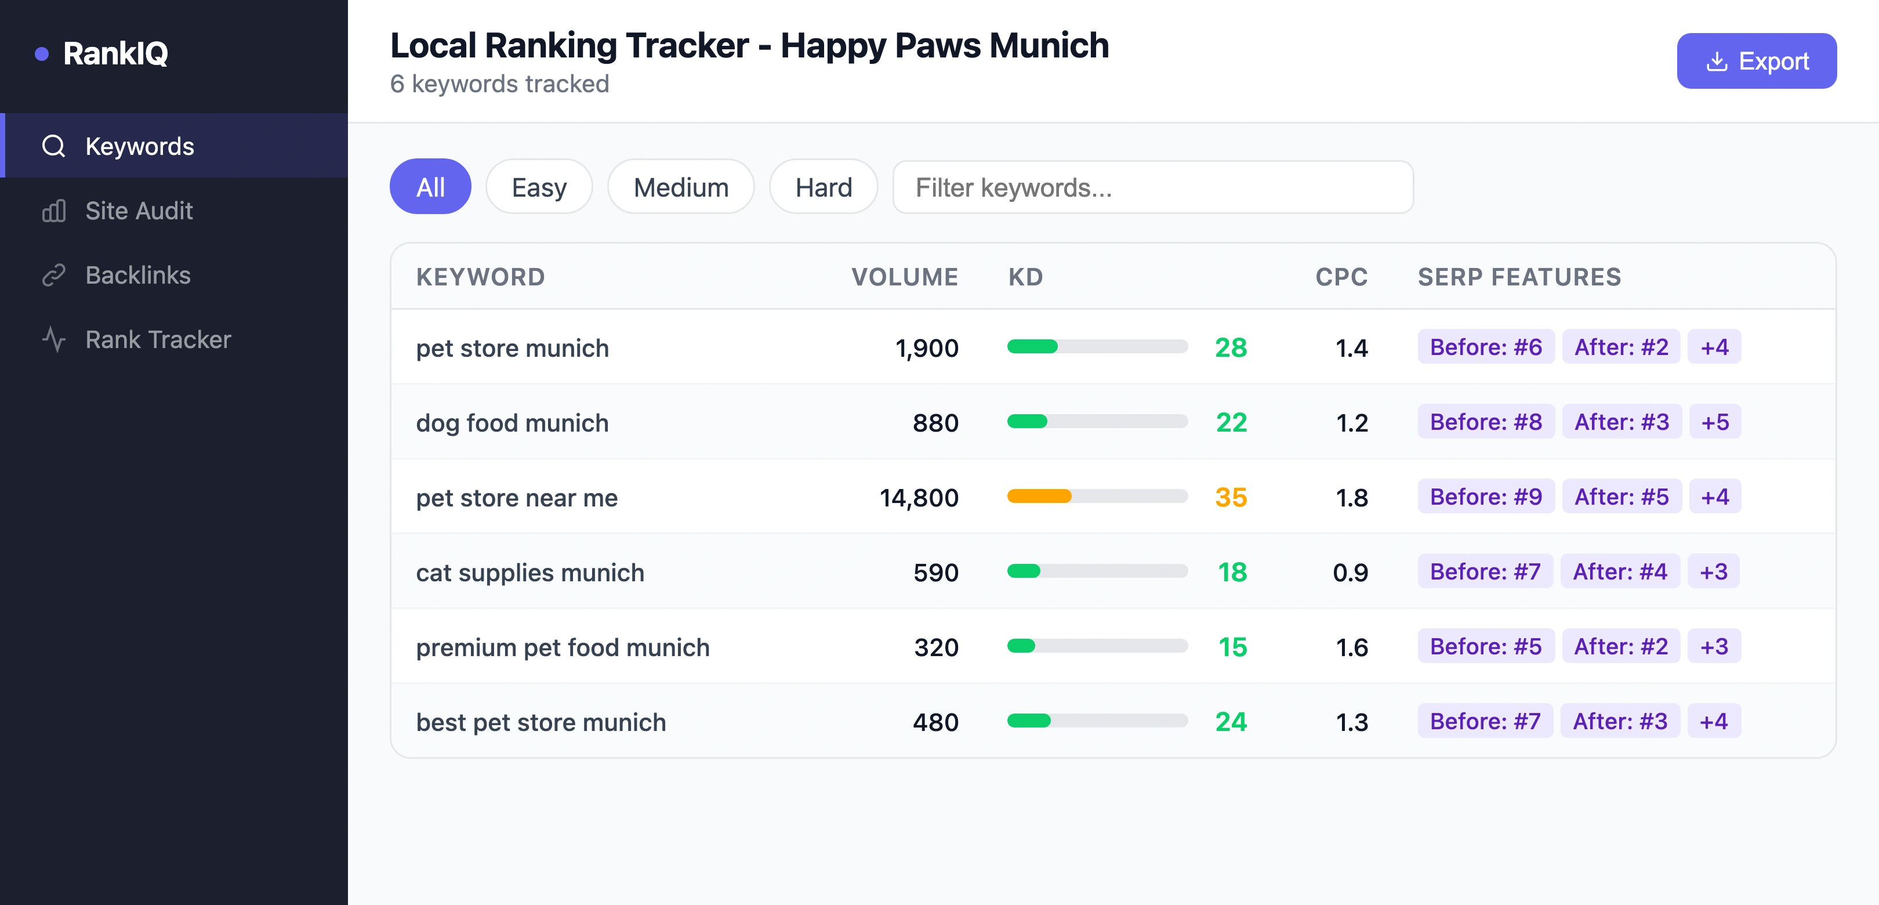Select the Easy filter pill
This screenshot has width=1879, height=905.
(x=539, y=187)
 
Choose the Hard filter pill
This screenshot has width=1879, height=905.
(x=823, y=187)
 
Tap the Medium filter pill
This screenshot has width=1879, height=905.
(x=680, y=187)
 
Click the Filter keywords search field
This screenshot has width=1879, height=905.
(x=1152, y=187)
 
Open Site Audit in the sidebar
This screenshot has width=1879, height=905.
(x=139, y=211)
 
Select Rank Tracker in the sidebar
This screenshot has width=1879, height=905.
(x=158, y=339)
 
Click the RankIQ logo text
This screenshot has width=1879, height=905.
(x=115, y=53)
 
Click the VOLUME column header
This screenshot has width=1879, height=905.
(x=905, y=277)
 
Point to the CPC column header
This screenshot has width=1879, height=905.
(x=1341, y=277)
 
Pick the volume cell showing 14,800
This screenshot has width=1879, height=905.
(x=919, y=498)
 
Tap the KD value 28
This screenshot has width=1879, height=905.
(x=1231, y=348)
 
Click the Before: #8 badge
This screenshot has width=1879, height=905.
(x=1485, y=422)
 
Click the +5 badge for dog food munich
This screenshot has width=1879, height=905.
(x=1714, y=422)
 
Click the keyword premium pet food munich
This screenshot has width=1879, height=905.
(x=563, y=647)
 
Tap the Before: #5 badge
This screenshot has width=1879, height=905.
(x=1485, y=647)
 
